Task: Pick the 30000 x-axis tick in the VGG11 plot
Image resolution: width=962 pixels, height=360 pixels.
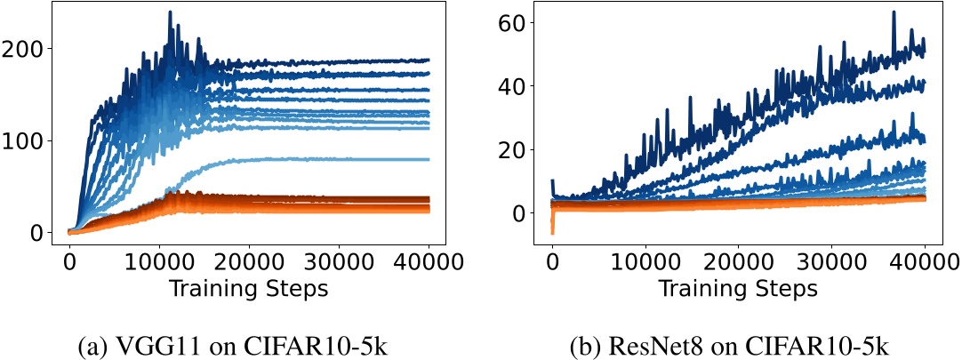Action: click(339, 264)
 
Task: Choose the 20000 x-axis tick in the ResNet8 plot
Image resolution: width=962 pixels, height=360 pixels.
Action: click(739, 264)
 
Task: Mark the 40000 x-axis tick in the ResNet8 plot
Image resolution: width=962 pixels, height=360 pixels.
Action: click(925, 264)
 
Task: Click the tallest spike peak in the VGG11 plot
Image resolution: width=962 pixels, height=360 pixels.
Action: click(170, 13)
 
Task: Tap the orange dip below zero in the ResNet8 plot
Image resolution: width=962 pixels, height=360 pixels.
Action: click(553, 232)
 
